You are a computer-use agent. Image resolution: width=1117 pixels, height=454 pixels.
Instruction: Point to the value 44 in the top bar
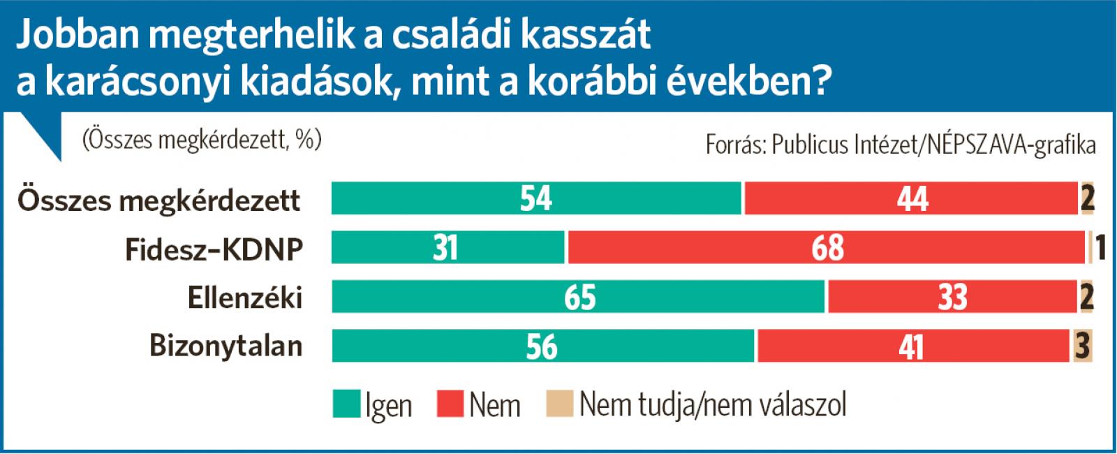pos(912,199)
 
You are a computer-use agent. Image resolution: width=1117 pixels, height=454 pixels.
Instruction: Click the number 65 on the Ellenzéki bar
pos(579,297)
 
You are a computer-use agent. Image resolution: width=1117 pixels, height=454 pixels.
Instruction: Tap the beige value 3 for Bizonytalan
pos(1083,346)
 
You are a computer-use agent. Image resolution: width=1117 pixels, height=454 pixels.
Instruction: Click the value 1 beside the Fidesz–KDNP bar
pos(1101,248)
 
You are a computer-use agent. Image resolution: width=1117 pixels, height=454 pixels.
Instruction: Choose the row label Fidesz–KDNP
pos(214,249)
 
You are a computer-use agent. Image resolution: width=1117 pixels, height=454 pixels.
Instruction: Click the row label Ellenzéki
pos(245,298)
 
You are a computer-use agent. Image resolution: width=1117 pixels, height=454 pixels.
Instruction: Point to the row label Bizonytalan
pos(226,346)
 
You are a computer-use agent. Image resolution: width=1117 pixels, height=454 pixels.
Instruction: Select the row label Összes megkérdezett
pos(158,200)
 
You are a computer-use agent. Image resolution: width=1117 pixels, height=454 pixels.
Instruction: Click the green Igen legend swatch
pos(346,404)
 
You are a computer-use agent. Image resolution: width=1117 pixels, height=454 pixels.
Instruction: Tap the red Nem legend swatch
pos(450,404)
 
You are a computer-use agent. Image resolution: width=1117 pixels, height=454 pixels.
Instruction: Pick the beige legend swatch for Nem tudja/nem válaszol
pos(560,404)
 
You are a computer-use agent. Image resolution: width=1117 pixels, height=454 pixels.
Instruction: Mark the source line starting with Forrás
pos(901,145)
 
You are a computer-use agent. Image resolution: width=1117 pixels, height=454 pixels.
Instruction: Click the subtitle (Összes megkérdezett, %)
pos(201,140)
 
